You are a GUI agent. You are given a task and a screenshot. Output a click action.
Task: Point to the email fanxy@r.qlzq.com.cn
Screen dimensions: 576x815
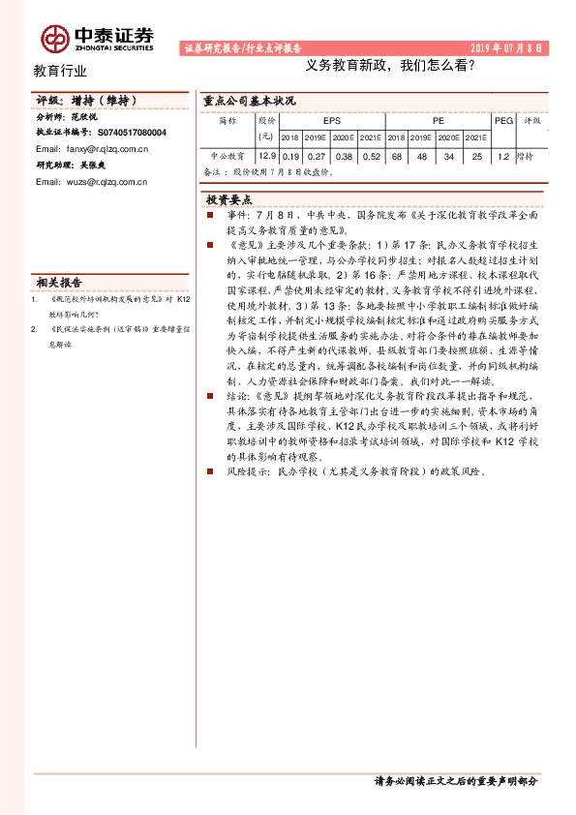91,149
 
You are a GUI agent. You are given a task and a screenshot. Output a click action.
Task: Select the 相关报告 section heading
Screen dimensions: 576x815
60,283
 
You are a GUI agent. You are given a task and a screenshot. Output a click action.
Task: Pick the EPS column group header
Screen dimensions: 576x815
332,122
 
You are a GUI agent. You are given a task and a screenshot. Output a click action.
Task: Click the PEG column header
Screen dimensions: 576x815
502,122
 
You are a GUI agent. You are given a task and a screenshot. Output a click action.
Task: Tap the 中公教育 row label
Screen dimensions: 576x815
227,155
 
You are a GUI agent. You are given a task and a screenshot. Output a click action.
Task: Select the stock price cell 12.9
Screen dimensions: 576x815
267,155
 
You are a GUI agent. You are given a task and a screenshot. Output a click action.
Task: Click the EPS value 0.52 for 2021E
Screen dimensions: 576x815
371,155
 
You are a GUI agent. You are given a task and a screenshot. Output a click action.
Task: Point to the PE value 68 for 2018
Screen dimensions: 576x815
397,155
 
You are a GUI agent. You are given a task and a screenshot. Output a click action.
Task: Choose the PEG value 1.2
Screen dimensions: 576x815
502,155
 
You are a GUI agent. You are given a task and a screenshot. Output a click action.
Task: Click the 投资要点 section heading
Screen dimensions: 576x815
229,198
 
